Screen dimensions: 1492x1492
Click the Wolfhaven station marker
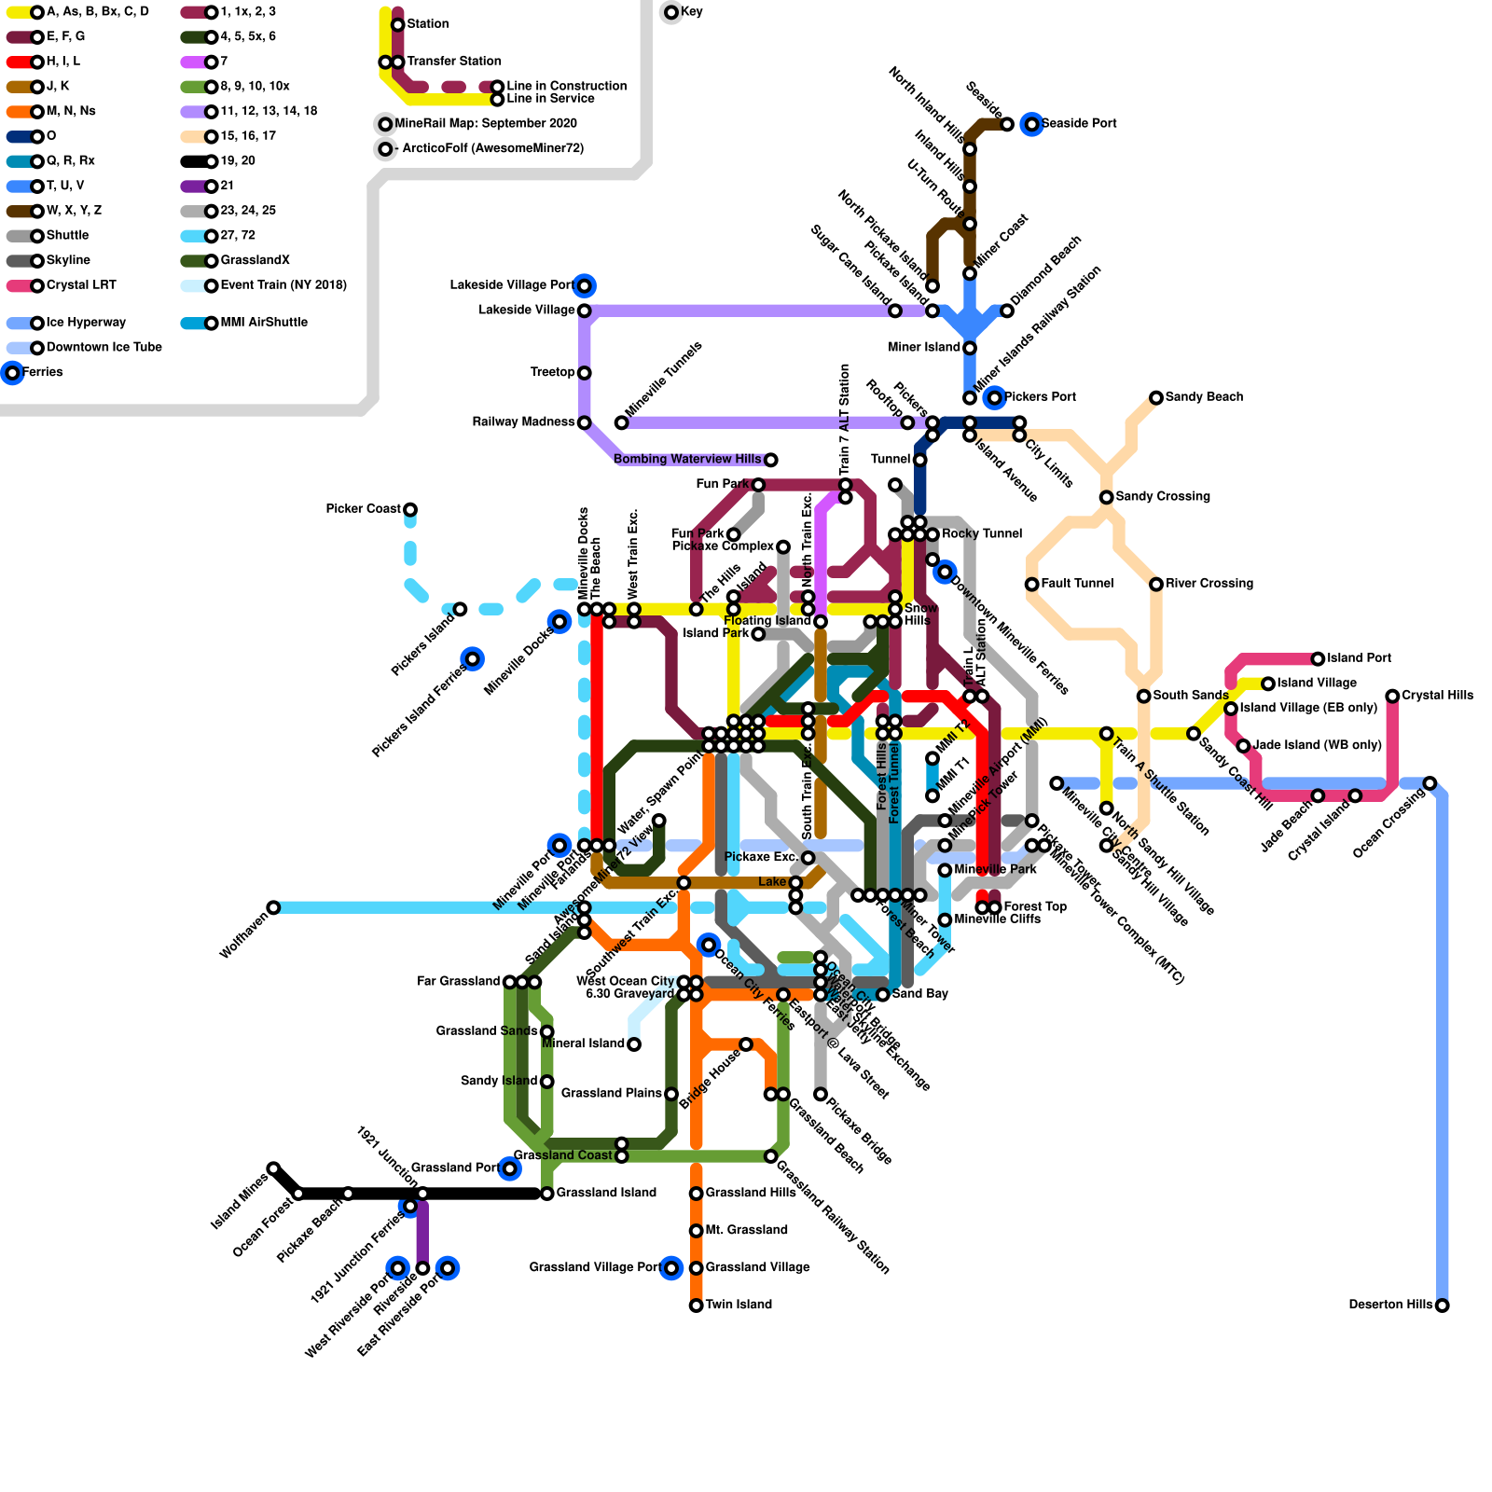click(x=273, y=907)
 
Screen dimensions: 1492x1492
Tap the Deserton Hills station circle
click(x=1443, y=1305)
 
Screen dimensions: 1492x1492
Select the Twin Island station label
click(x=739, y=1305)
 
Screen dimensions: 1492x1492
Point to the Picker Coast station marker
click(x=410, y=509)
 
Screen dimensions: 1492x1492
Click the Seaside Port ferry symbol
click(x=1031, y=124)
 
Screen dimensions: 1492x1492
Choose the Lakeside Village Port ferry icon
click(x=585, y=285)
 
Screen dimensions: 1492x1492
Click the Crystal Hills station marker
click(x=1392, y=696)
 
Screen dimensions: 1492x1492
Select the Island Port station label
click(x=1359, y=658)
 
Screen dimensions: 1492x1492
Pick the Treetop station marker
click(x=585, y=373)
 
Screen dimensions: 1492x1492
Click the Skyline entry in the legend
click(x=68, y=260)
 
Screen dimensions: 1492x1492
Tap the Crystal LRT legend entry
click(x=81, y=285)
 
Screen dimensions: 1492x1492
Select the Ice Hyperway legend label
click(x=86, y=323)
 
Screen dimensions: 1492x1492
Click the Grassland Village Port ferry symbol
click(x=671, y=1268)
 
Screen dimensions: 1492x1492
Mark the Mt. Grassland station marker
click(x=697, y=1231)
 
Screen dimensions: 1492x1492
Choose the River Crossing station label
click(x=1209, y=584)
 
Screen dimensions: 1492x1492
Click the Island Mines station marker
click(x=273, y=1168)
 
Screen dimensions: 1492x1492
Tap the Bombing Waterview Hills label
click(x=687, y=459)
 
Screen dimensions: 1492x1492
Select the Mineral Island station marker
click(x=634, y=1044)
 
